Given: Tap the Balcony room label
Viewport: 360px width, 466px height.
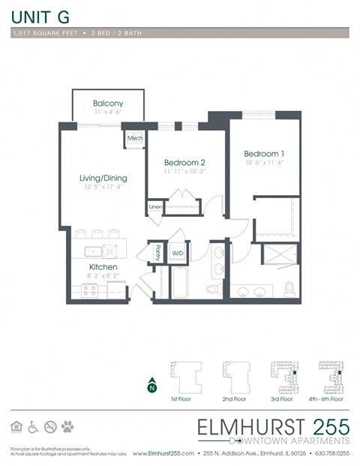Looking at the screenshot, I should [x=108, y=104].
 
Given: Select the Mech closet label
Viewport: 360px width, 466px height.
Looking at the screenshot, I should [x=135, y=139].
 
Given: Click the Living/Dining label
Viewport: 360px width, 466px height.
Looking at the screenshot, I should [x=103, y=178].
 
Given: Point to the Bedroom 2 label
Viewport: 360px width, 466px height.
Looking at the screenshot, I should [x=184, y=163].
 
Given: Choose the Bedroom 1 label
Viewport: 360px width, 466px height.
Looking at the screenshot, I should [x=263, y=154].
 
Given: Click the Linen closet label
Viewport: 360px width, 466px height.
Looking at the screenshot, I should [x=155, y=206].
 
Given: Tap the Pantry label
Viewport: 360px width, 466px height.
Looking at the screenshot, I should [x=157, y=253].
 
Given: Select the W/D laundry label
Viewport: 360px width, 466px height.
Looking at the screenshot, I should [x=178, y=254].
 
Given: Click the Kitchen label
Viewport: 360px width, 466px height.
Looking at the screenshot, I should [x=103, y=267].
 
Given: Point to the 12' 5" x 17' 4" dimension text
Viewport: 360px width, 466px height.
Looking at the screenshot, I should [x=104, y=187].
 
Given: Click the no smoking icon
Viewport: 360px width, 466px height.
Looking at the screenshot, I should [x=50, y=427].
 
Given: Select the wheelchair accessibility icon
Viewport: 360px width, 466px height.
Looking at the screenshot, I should [x=33, y=427].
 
